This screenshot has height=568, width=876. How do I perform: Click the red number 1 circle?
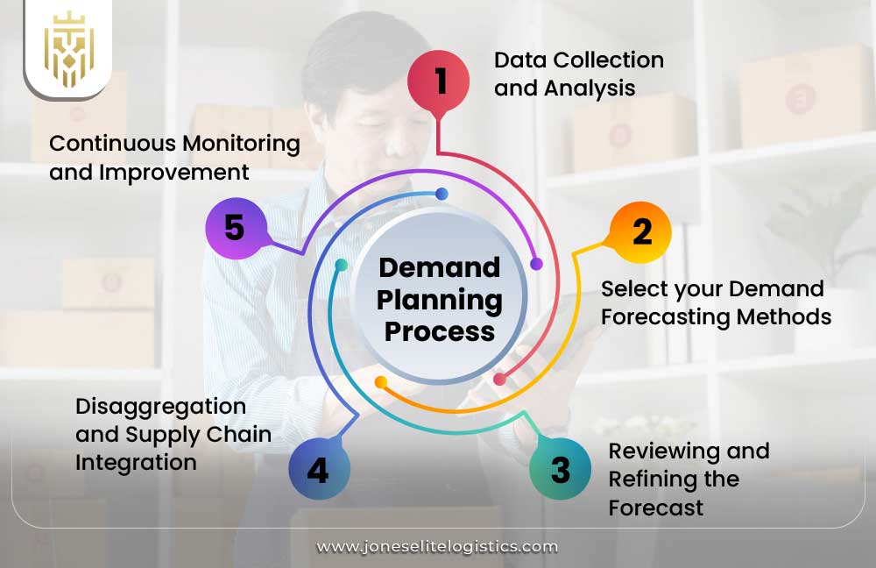click(x=439, y=82)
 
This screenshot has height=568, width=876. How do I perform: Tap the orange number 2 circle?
click(x=641, y=232)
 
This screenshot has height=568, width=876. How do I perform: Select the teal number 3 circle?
click(x=561, y=469)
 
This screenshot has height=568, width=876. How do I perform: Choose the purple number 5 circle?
click(x=235, y=227)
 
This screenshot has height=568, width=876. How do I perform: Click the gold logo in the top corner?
click(x=68, y=49)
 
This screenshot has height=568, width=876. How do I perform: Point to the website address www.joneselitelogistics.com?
click(x=437, y=546)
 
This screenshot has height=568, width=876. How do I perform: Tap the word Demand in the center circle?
click(x=440, y=267)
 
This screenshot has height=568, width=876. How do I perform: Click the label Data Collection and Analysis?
click(x=578, y=74)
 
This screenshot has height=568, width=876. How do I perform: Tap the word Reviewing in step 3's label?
click(x=664, y=451)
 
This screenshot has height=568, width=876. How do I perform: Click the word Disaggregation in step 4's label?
click(x=160, y=407)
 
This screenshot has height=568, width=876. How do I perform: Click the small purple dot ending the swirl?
click(x=536, y=264)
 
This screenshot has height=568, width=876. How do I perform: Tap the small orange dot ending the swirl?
click(x=380, y=382)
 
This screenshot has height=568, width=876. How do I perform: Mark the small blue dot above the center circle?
click(x=442, y=194)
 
